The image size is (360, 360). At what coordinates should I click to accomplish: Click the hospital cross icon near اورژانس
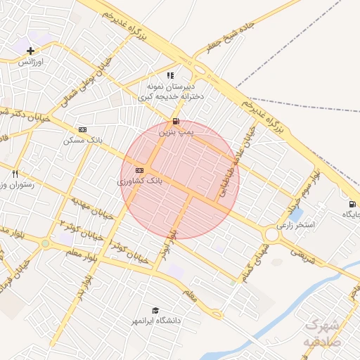click(30, 51)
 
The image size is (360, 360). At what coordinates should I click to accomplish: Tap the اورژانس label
click(30, 62)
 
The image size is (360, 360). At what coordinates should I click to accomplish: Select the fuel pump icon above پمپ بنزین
click(175, 121)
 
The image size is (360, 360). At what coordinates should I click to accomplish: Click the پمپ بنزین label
click(174, 131)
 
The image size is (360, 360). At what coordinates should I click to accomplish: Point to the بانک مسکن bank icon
click(83, 129)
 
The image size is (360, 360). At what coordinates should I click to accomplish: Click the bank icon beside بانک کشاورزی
click(139, 170)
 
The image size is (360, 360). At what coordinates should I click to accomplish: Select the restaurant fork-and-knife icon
click(15, 173)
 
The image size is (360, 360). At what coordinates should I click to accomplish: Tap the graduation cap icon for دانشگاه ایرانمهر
click(155, 310)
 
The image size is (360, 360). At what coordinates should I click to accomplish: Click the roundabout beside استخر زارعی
click(271, 234)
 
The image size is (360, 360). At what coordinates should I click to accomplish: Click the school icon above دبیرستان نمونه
click(170, 75)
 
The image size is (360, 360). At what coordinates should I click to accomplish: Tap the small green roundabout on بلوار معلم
click(46, 243)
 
